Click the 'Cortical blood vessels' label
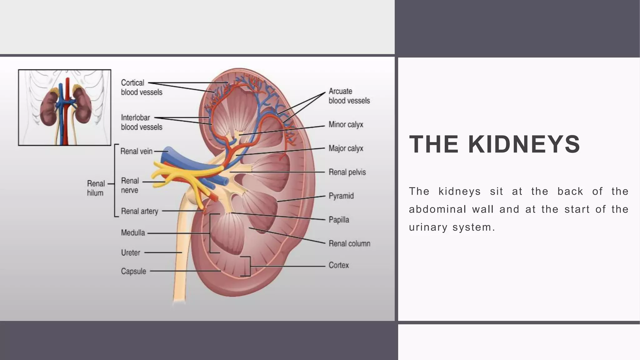[x=142, y=87]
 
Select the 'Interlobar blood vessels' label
[x=142, y=122]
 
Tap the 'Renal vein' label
[x=136, y=151]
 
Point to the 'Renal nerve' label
[x=130, y=185]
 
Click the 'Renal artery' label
[x=139, y=211]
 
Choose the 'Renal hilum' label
[x=95, y=188]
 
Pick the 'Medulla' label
[x=133, y=233]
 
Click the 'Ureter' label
[x=131, y=252]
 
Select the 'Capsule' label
[x=133, y=271]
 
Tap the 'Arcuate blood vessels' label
[x=349, y=96]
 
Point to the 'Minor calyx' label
[x=346, y=125]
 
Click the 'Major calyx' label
[x=346, y=148]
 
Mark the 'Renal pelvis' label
[x=347, y=172]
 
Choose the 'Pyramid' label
[x=341, y=196]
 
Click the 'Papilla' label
[x=339, y=220]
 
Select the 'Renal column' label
[x=349, y=243]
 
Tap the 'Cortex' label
[x=338, y=265]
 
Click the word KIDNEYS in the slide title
[x=524, y=144]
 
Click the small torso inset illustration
[x=65, y=107]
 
